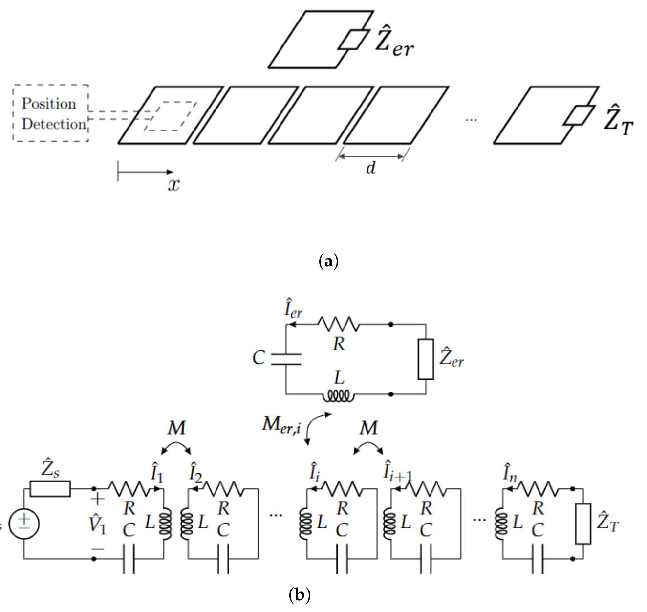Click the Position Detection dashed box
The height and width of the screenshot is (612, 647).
tap(51, 113)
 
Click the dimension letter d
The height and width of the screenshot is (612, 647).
tap(371, 168)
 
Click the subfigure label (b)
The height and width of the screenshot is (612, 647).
tap(300, 595)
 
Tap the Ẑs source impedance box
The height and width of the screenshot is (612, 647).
tap(50, 488)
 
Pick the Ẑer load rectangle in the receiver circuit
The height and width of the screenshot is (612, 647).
tap(426, 359)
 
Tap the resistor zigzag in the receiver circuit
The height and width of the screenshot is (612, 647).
tap(338, 324)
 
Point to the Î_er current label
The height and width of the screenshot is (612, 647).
tap(293, 310)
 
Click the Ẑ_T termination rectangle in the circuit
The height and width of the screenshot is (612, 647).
tap(583, 524)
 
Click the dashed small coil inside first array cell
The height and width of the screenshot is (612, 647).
tap(170, 116)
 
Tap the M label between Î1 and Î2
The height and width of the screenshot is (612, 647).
tap(176, 428)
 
